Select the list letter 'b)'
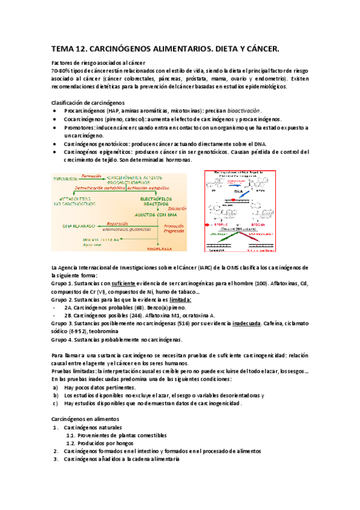55,396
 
